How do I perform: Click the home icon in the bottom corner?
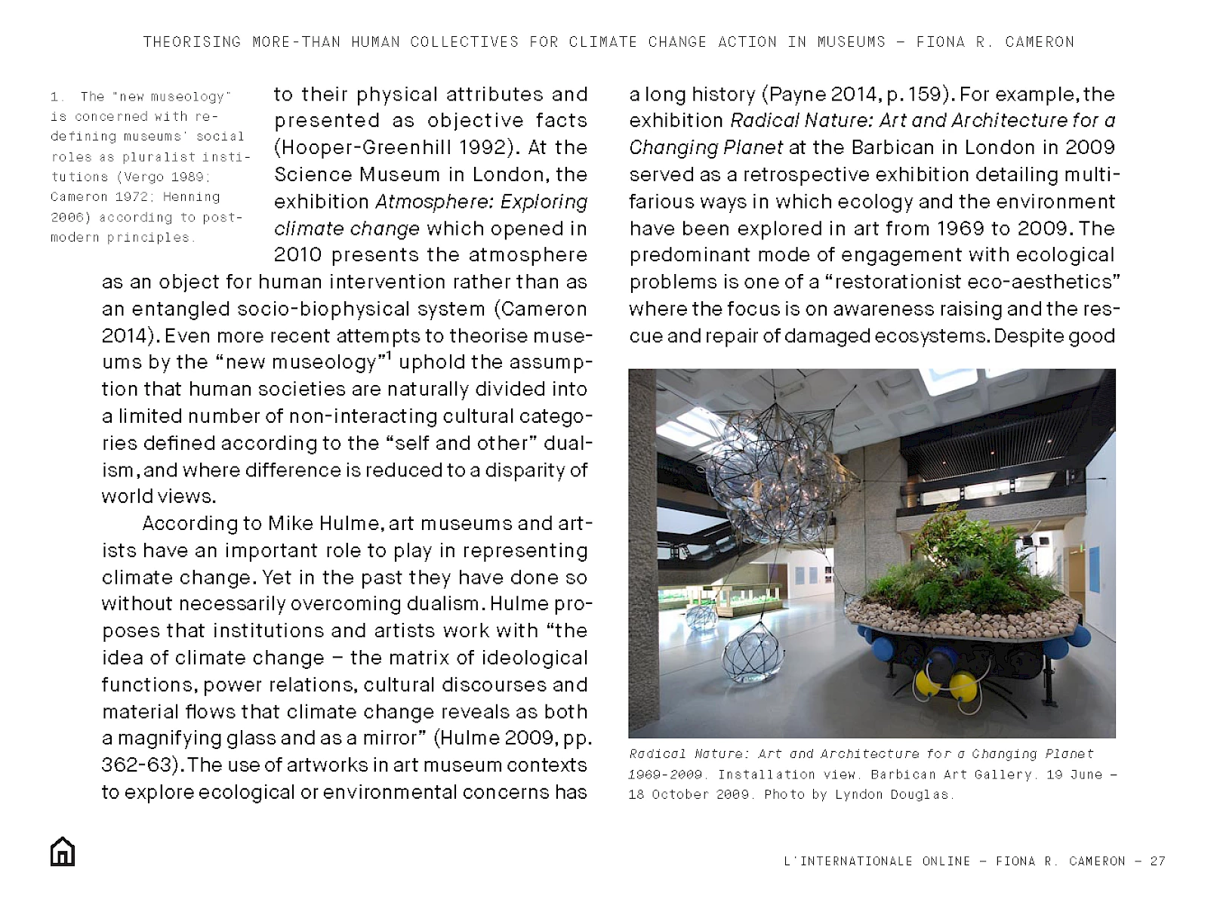[63, 852]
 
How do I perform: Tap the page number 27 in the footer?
[1157, 861]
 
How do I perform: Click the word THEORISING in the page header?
[192, 42]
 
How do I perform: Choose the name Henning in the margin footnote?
[191, 197]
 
